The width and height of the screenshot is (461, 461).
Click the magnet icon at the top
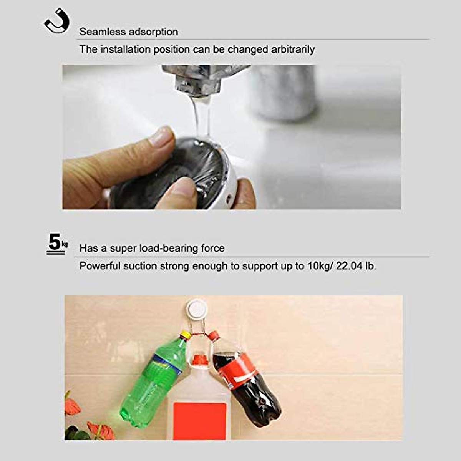pos(57,22)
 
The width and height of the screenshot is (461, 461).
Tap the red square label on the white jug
pos(199,420)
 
